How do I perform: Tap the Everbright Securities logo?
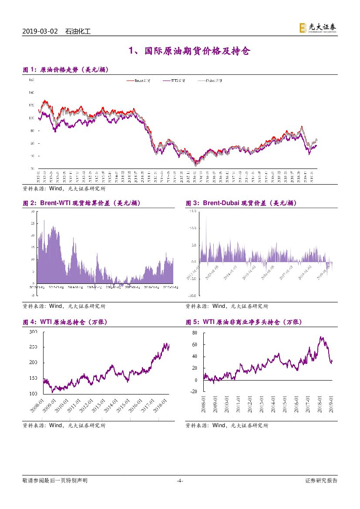click(x=317, y=28)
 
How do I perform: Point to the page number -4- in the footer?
click(x=180, y=481)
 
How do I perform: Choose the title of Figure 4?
click(x=65, y=322)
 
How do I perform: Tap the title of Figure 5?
click(x=243, y=322)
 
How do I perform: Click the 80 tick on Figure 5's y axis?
click(x=195, y=333)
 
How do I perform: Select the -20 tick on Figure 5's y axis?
click(x=194, y=392)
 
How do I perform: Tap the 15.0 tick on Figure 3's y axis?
click(x=193, y=211)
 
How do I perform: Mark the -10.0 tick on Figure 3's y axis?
click(x=192, y=295)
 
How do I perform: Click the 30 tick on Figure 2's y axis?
click(x=33, y=211)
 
